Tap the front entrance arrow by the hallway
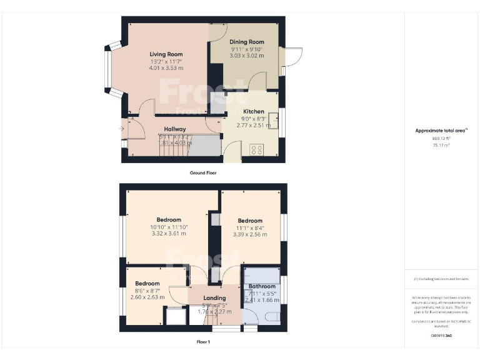coord(122,129)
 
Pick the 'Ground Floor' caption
coord(203,172)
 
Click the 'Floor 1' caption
coord(203,342)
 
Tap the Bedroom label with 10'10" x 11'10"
coord(169,220)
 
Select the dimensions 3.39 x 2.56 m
coord(249,234)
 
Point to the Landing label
coord(214,298)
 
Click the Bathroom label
coord(261,286)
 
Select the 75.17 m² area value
coord(441,144)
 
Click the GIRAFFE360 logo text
coord(441,336)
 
